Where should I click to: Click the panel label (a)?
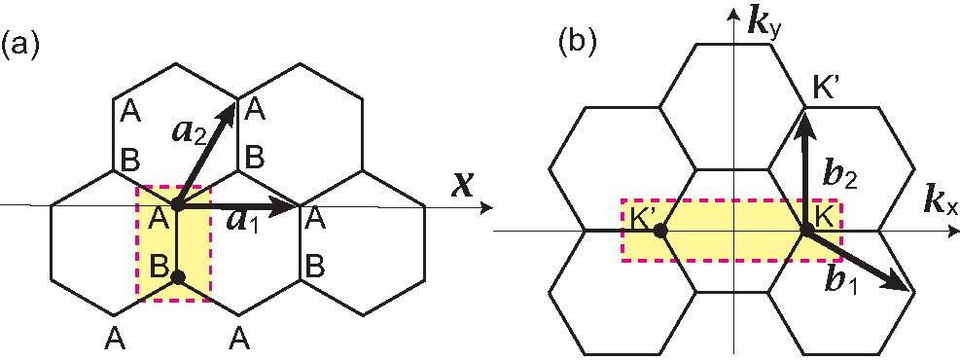tap(20, 45)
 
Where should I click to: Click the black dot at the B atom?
tap(177, 277)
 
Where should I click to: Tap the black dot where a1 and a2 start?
tap(177, 206)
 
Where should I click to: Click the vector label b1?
tap(840, 281)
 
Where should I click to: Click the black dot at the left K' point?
tap(659, 232)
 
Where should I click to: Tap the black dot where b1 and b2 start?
tap(806, 231)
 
